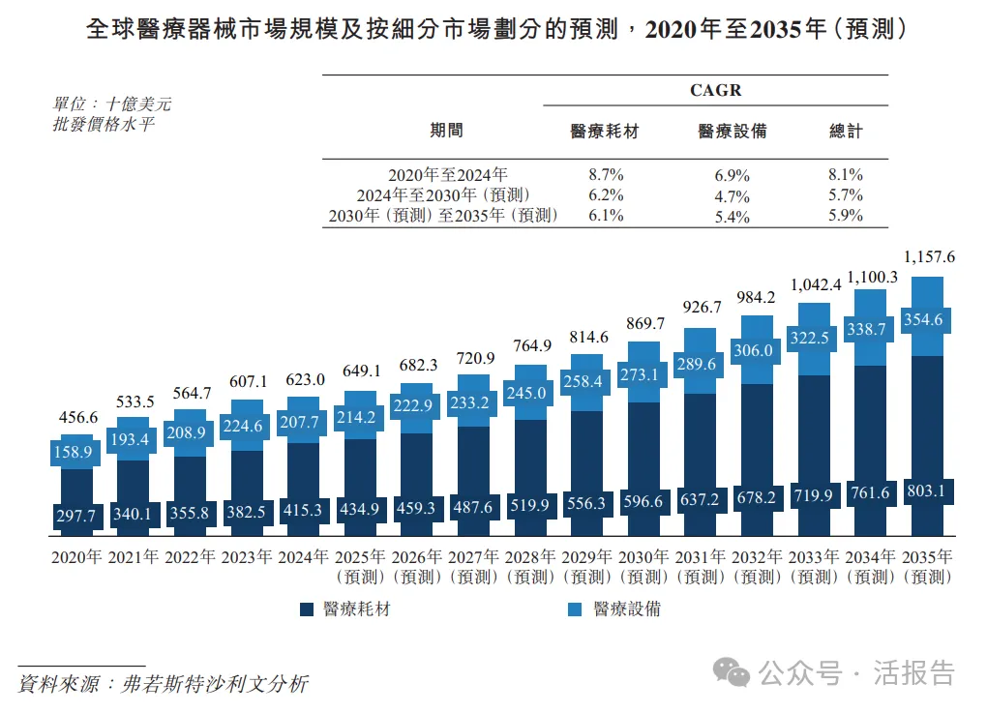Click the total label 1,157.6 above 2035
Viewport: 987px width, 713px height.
[928, 257]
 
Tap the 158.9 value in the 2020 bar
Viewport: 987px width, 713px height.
[75, 452]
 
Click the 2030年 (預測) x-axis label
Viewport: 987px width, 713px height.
[644, 567]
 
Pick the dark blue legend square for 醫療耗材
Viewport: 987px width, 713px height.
[307, 609]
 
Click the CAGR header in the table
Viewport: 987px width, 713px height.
[715, 90]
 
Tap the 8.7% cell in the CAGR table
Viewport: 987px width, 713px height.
[606, 175]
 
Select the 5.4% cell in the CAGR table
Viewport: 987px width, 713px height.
[732, 216]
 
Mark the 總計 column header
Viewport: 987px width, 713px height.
[846, 131]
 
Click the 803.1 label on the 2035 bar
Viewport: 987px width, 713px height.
[928, 491]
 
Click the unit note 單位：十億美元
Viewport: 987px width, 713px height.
[112, 104]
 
